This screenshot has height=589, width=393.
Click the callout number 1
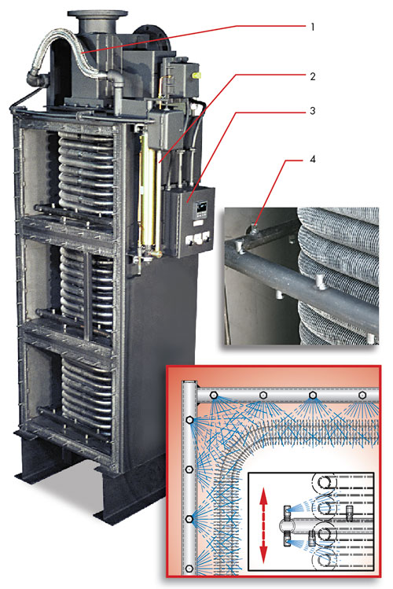coord(312,27)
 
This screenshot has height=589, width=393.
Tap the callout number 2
coord(312,76)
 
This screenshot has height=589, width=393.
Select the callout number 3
coord(312,111)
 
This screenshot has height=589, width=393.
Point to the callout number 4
coord(312,160)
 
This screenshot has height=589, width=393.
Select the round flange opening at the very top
coord(97,14)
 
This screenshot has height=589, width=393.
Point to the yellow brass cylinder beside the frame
coord(147,195)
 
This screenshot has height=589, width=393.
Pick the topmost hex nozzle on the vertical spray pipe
coord(189,420)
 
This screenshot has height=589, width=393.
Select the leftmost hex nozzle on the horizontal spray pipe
coord(214,396)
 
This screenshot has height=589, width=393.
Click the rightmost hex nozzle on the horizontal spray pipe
coord(362,396)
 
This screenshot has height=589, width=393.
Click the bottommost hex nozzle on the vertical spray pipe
coord(189,568)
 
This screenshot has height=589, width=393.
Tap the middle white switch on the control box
coord(196,238)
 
